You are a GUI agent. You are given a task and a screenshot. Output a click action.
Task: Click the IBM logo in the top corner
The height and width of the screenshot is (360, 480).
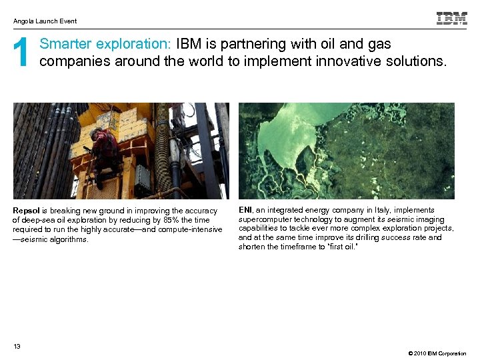coord(451,19)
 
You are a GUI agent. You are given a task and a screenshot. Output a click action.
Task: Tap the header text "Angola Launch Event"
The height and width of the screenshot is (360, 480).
coord(45,21)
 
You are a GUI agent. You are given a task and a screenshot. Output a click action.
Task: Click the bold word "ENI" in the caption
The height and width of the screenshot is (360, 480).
coord(245,210)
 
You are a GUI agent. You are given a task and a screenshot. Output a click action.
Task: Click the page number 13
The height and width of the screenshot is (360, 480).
coord(17,345)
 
